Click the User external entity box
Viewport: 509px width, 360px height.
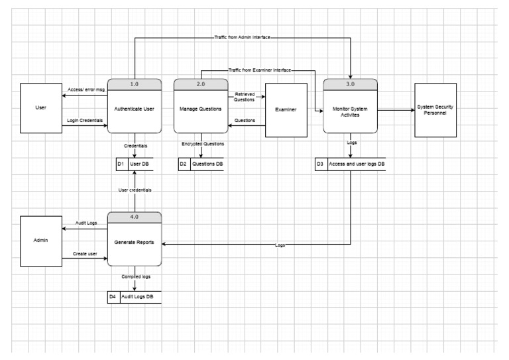click(x=41, y=107)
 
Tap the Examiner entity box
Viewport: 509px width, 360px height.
click(x=286, y=109)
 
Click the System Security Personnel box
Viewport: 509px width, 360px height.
click(x=435, y=109)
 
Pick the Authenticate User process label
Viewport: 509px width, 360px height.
click(x=135, y=108)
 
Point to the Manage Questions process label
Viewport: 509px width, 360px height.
click(x=201, y=108)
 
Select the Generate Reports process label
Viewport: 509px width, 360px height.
click(x=135, y=242)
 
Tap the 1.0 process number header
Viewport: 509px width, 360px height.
click(x=135, y=84)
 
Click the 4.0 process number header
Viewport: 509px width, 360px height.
click(x=135, y=217)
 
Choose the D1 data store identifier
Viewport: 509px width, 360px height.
click(x=121, y=163)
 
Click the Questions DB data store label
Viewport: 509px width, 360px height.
click(x=207, y=163)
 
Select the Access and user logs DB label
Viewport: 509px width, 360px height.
click(x=357, y=163)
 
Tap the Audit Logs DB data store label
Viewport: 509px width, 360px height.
click(x=140, y=296)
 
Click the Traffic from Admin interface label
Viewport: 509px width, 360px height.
click(x=243, y=38)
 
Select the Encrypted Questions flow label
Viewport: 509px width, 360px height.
click(x=203, y=143)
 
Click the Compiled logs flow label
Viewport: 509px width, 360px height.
click(x=135, y=276)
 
